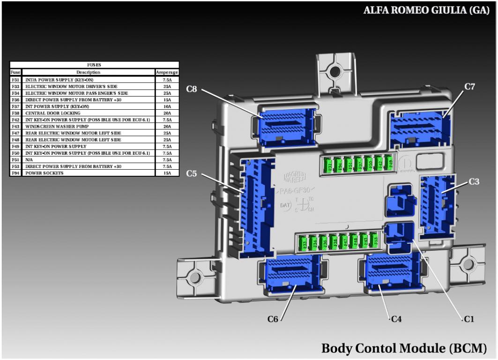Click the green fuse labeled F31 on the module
pos(329,165)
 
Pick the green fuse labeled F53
pos(374,240)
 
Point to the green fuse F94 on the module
pos(339,165)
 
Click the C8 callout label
pos(191,89)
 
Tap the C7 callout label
pos(470,87)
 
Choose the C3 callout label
pos(474,181)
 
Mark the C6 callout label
pos(273,319)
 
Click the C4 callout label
pos(396,319)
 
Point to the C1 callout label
pos(469,319)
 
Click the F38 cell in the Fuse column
pos(15,113)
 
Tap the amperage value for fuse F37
pos(167,106)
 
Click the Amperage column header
pos(167,73)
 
